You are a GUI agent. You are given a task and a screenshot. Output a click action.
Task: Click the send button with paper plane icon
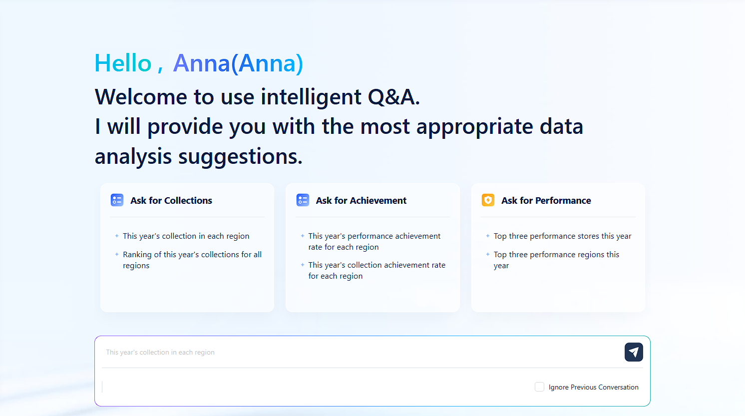[633, 352]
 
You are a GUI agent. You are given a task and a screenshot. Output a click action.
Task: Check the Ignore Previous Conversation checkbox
[539, 387]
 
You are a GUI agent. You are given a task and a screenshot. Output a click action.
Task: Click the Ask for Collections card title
[171, 200]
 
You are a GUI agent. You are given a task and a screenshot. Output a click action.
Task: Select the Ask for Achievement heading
[361, 200]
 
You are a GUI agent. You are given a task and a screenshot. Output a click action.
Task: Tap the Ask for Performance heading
[546, 200]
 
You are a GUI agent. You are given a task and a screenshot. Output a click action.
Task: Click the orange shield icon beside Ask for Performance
[488, 200]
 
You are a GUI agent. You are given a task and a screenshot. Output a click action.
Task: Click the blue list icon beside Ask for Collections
[117, 200]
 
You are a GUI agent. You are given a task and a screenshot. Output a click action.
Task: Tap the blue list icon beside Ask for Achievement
[303, 200]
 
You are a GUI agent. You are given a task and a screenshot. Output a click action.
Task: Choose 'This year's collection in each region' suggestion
[186, 236]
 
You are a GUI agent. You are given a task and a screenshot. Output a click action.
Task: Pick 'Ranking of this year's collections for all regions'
[192, 260]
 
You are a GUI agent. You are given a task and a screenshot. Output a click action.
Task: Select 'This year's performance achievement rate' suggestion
[374, 241]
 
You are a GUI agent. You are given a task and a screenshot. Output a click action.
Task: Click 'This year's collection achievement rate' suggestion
[376, 270]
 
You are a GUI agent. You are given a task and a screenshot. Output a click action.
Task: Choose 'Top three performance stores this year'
[562, 236]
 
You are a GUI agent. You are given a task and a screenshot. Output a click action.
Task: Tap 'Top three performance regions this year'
[556, 260]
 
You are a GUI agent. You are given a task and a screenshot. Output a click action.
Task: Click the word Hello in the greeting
[123, 63]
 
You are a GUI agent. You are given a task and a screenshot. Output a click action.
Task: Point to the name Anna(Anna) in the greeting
[238, 63]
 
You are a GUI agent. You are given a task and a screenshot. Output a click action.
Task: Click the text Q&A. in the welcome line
[393, 97]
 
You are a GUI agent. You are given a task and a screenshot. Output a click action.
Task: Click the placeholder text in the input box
[160, 353]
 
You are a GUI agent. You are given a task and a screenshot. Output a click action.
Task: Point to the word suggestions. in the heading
[240, 157]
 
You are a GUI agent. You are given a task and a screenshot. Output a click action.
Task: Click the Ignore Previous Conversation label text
[593, 387]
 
